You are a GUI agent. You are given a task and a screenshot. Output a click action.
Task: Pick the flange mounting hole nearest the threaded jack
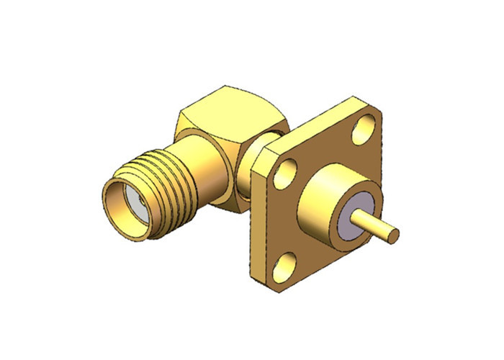(286, 172)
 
